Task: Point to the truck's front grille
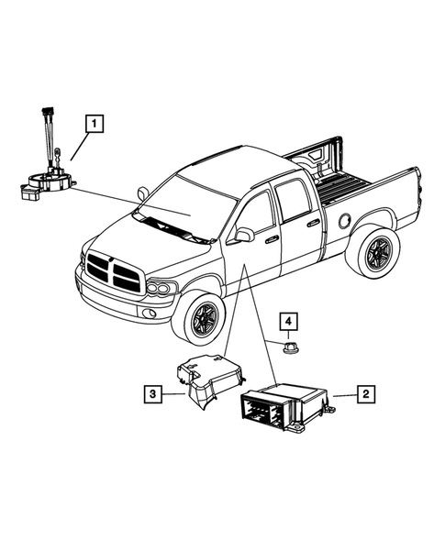tap(114, 272)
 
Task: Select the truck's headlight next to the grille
tap(162, 289)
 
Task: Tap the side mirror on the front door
tap(244, 235)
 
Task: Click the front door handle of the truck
tap(273, 239)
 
